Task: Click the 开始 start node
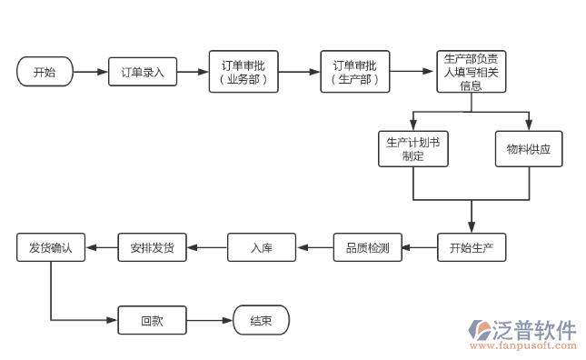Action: pyautogui.click(x=45, y=72)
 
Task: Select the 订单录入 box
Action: pyautogui.click(x=142, y=72)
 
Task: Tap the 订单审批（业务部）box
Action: pyautogui.click(x=243, y=72)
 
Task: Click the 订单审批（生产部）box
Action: pyautogui.click(x=354, y=72)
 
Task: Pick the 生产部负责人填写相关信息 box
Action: pyautogui.click(x=471, y=72)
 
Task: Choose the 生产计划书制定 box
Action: pyautogui.click(x=413, y=149)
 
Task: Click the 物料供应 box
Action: pyautogui.click(x=529, y=149)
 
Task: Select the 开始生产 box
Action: pyautogui.click(x=471, y=247)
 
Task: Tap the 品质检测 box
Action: pyautogui.click(x=367, y=247)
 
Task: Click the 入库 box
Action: pyautogui.click(x=262, y=247)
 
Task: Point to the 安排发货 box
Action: pyautogui.click(x=152, y=247)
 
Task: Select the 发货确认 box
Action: pyautogui.click(x=50, y=247)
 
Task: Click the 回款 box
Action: pyautogui.click(x=152, y=320)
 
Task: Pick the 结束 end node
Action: pyautogui.click(x=262, y=320)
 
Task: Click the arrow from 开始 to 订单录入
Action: pyautogui.click(x=90, y=72)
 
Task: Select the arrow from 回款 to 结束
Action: pyautogui.click(x=210, y=320)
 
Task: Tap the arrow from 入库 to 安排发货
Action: pyautogui.click(x=207, y=247)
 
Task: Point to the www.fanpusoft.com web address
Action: pyautogui.click(x=521, y=346)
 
